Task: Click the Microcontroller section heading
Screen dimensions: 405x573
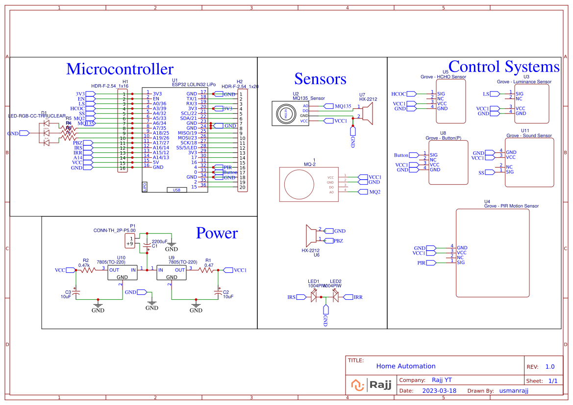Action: point(120,69)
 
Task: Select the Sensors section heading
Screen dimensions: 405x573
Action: point(320,79)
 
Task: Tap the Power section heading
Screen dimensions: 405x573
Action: point(217,233)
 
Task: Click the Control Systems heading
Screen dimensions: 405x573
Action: point(503,67)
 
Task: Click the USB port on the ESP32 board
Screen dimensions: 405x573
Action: point(176,190)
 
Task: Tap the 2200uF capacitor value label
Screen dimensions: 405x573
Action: point(159,241)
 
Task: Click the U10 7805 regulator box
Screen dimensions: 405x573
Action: point(122,273)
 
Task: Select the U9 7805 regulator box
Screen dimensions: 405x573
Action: point(171,273)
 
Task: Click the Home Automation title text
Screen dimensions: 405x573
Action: point(405,366)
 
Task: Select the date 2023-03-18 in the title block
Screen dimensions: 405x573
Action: point(439,391)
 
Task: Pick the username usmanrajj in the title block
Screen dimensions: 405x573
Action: point(514,391)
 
